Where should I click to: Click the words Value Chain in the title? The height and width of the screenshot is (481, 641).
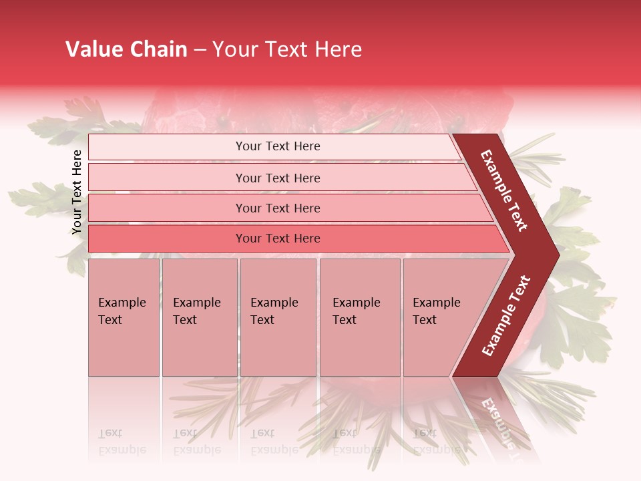(x=126, y=50)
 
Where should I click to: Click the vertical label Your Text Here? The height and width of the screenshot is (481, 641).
(x=77, y=192)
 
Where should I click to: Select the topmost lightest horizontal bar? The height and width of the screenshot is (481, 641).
(x=277, y=146)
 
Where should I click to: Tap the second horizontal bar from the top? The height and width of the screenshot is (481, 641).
(x=277, y=178)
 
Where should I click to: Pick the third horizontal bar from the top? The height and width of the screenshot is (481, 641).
(x=277, y=208)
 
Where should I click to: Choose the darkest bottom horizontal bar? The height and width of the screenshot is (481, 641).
(x=277, y=238)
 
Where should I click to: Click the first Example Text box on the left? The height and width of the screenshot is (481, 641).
(x=124, y=317)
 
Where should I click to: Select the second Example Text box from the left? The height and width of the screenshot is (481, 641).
(x=199, y=317)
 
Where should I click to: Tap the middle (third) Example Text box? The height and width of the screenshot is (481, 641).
(x=278, y=317)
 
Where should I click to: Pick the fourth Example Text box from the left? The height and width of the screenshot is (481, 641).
(x=359, y=317)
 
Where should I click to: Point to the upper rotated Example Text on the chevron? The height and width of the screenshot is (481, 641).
(x=504, y=190)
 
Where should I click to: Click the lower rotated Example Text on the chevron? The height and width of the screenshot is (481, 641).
(x=506, y=315)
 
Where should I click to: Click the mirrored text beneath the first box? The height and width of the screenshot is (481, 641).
(x=122, y=442)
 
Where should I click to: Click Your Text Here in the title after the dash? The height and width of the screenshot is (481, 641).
(x=287, y=50)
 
